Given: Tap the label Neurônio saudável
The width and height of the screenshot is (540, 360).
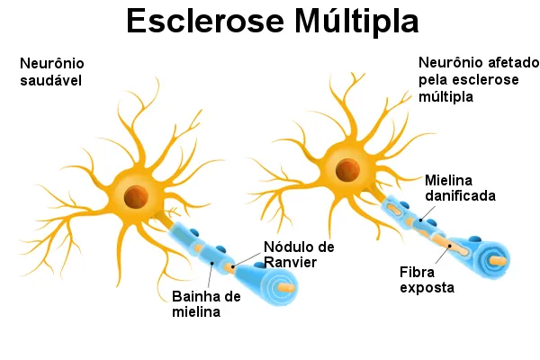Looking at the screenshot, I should pos(51,73).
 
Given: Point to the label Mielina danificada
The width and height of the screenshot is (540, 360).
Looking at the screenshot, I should pos(461,187).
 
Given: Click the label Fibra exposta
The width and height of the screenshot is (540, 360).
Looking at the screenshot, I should pos(427,279).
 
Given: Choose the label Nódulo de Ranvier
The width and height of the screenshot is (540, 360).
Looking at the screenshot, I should pos(299,255).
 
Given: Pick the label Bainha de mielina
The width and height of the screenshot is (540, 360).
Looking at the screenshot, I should pos(206,304).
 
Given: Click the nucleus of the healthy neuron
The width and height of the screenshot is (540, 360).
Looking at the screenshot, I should pos(137,195).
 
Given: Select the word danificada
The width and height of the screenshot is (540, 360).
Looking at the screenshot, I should pos(461,194).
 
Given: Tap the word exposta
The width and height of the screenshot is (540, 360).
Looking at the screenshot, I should pos(427,288).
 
